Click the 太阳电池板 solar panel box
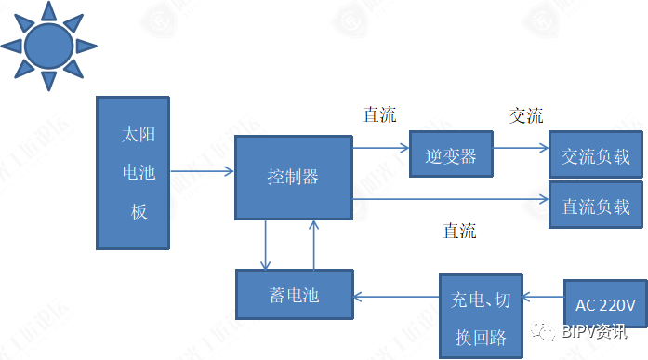pos(132,172)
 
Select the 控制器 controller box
pos(293,177)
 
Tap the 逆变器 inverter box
pos(451,155)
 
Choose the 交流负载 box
pos(595,156)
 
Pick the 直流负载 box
pos(595,207)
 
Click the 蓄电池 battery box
pos(293,295)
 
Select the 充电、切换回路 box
pos(481,313)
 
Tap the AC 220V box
pos(605,304)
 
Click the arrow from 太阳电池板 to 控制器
pos(202,172)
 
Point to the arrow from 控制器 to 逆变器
pos(381,147)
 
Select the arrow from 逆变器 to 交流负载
pos(520,147)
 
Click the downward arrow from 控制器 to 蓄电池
pos(267,245)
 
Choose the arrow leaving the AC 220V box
pos(543,297)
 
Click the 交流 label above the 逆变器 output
pos(525,116)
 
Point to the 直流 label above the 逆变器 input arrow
pos(379,115)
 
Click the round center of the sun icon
pos(47,45)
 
